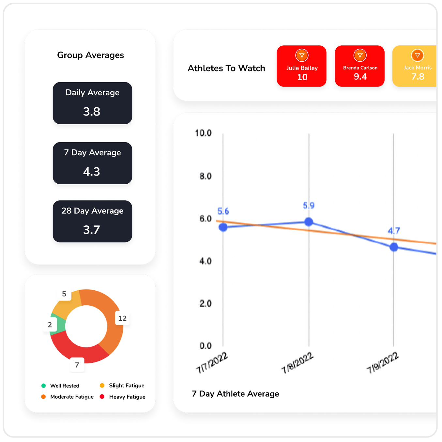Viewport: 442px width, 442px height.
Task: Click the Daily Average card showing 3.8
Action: pyautogui.click(x=92, y=103)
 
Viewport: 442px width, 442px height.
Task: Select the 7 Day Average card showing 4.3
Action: pyautogui.click(x=92, y=163)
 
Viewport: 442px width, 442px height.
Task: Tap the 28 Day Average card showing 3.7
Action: pyautogui.click(x=92, y=221)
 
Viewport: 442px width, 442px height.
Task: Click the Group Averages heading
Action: pyautogui.click(x=90, y=55)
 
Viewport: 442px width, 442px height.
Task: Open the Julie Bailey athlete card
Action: pyautogui.click(x=301, y=66)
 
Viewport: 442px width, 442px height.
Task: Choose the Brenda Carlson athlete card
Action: pyautogui.click(x=359, y=66)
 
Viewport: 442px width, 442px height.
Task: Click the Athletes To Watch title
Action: pyautogui.click(x=226, y=68)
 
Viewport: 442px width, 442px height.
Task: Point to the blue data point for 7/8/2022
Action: pyautogui.click(x=309, y=222)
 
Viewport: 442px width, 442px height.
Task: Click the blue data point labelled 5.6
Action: pyautogui.click(x=223, y=227)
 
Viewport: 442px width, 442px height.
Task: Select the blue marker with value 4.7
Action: pyautogui.click(x=394, y=247)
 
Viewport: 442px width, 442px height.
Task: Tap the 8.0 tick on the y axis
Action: pyautogui.click(x=205, y=176)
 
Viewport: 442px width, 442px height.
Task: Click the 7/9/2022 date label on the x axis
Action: pyautogui.click(x=383, y=362)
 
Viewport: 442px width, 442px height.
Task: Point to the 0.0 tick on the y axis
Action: pyautogui.click(x=205, y=346)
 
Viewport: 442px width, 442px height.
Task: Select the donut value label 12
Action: pyautogui.click(x=122, y=318)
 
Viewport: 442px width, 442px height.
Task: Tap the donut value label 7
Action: pyautogui.click(x=77, y=365)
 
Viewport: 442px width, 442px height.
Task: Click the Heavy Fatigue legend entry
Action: pyautogui.click(x=123, y=397)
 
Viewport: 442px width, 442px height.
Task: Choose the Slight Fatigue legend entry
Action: pyautogui.click(x=123, y=386)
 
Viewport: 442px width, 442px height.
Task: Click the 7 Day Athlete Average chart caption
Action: pyautogui.click(x=235, y=394)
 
